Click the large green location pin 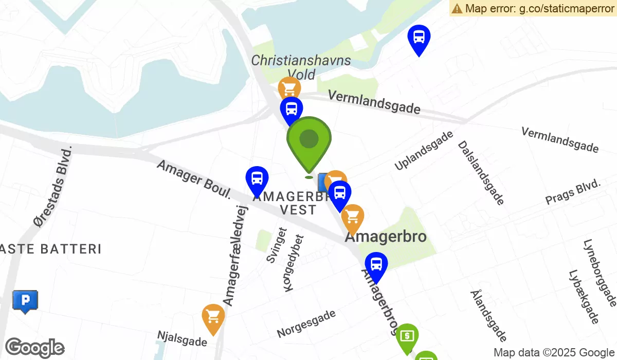[308, 141]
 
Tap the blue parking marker [25, 300]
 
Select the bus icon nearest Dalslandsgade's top [419, 38]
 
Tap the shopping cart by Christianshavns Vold [289, 89]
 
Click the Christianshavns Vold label [301, 67]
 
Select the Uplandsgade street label [424, 150]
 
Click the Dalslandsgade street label [481, 173]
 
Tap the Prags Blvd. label [573, 192]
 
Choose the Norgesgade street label [306, 323]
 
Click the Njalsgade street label [182, 338]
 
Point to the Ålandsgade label [488, 315]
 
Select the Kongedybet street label [295, 263]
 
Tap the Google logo [34, 348]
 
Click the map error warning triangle [457, 8]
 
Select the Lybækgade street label [584, 297]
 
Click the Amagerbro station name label [386, 237]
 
